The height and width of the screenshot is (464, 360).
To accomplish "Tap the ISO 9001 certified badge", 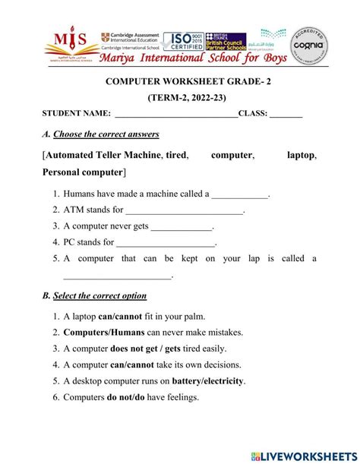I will click(182, 41).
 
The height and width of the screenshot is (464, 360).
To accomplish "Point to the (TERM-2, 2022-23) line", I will click(180, 99).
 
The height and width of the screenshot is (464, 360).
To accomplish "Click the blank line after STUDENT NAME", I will click(175, 116).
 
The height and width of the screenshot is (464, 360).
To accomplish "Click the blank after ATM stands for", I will click(185, 212).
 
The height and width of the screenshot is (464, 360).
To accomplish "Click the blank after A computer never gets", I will click(182, 228).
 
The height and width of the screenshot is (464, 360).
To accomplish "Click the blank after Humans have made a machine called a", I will click(240, 195).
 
